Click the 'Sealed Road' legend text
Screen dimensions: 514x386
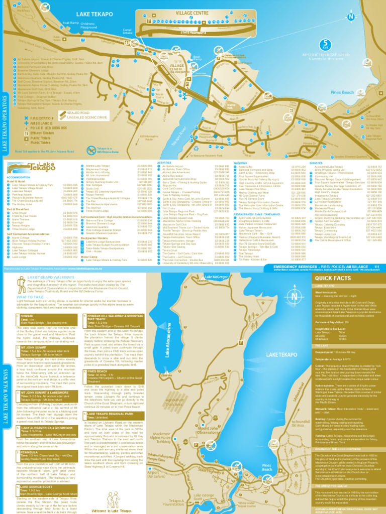[78, 113]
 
